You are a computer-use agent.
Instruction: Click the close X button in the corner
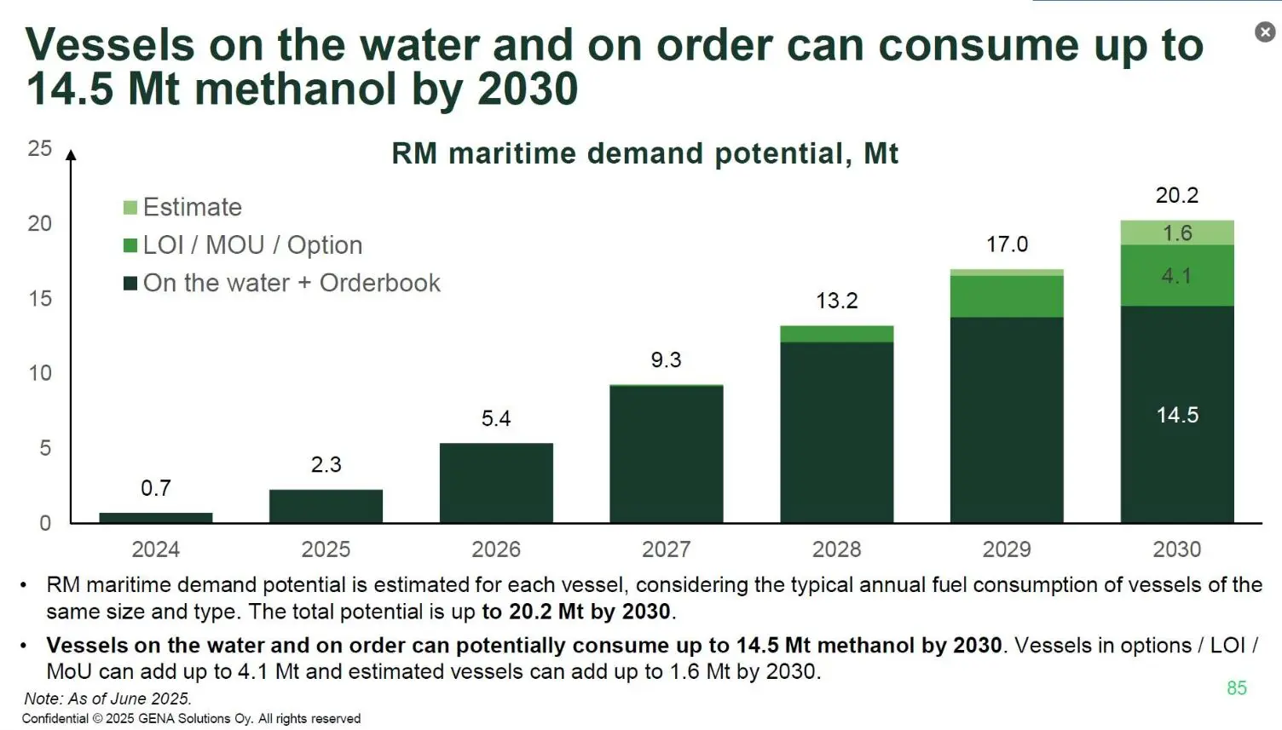[x=1265, y=32]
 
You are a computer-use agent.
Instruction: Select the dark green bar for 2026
[x=496, y=482]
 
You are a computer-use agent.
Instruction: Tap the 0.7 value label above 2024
[x=156, y=488]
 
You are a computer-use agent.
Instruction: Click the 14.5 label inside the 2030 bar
[x=1177, y=415]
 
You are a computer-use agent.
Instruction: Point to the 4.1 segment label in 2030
[x=1176, y=275]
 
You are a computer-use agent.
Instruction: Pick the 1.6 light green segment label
[x=1177, y=233]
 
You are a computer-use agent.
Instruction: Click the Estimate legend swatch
[x=130, y=208]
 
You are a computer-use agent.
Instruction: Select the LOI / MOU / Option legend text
[x=252, y=245]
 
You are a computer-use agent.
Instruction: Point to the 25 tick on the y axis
[x=40, y=148]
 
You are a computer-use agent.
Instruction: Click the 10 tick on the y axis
[x=40, y=373]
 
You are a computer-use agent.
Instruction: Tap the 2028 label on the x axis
[x=836, y=549]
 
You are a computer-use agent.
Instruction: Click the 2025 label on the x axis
[x=326, y=549]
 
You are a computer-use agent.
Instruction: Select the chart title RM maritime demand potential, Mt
[x=644, y=154]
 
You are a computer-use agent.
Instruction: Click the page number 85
[x=1236, y=687]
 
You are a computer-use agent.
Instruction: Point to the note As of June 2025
[x=107, y=698]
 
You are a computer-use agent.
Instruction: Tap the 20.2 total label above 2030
[x=1177, y=195]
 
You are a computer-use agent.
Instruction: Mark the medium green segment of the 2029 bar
[x=1007, y=296]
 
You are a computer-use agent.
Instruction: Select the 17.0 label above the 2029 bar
[x=1007, y=244]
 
